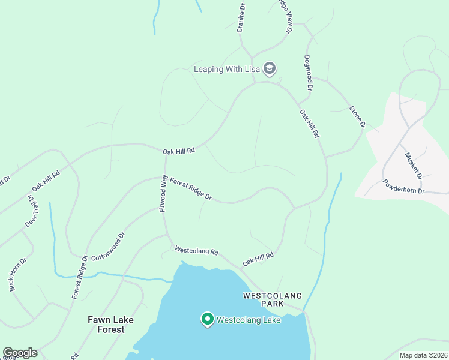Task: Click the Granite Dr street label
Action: [x=241, y=19]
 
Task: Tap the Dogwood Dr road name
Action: [x=307, y=73]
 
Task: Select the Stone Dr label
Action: [x=358, y=116]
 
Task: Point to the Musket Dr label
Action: [x=413, y=165]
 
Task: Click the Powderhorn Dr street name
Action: [x=403, y=187]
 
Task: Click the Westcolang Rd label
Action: [x=196, y=251]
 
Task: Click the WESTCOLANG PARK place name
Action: [x=272, y=300]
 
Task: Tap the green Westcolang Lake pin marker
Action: [x=208, y=319]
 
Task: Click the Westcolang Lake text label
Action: [x=249, y=320]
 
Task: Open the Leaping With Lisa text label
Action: [x=226, y=69]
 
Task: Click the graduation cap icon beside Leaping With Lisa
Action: [x=270, y=68]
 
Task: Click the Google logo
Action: [x=20, y=353]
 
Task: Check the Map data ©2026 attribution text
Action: [x=423, y=355]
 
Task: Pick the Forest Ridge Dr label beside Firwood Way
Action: [x=191, y=188]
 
